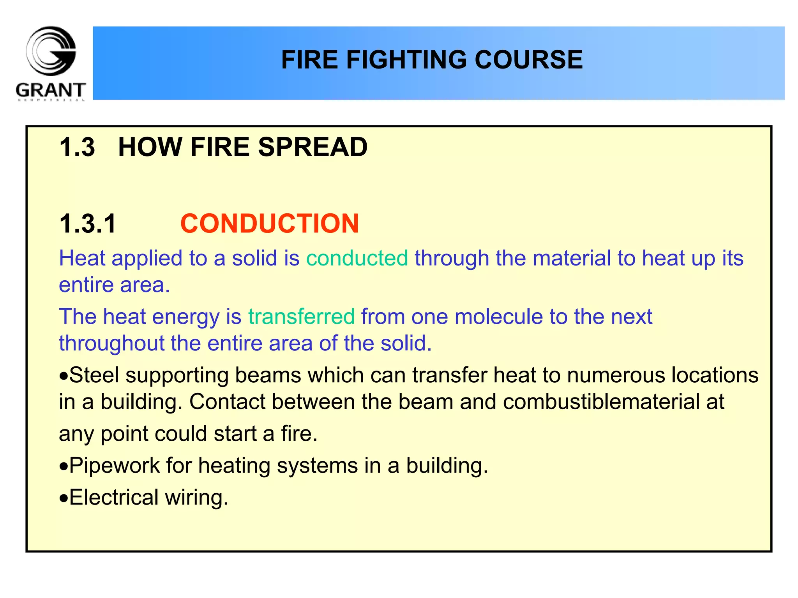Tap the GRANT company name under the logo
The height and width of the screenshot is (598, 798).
coord(51,90)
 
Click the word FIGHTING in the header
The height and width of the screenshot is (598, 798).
coord(407,60)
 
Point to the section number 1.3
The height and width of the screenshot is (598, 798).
coord(77,148)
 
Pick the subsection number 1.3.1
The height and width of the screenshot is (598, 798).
coord(88,224)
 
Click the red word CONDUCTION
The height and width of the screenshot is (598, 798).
coord(269,224)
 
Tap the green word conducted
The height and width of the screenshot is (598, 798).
coord(357,258)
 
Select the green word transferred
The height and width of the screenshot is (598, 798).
coord(301,316)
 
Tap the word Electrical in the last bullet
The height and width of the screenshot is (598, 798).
coord(114,498)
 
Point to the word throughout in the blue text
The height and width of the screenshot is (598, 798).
coord(111,343)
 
